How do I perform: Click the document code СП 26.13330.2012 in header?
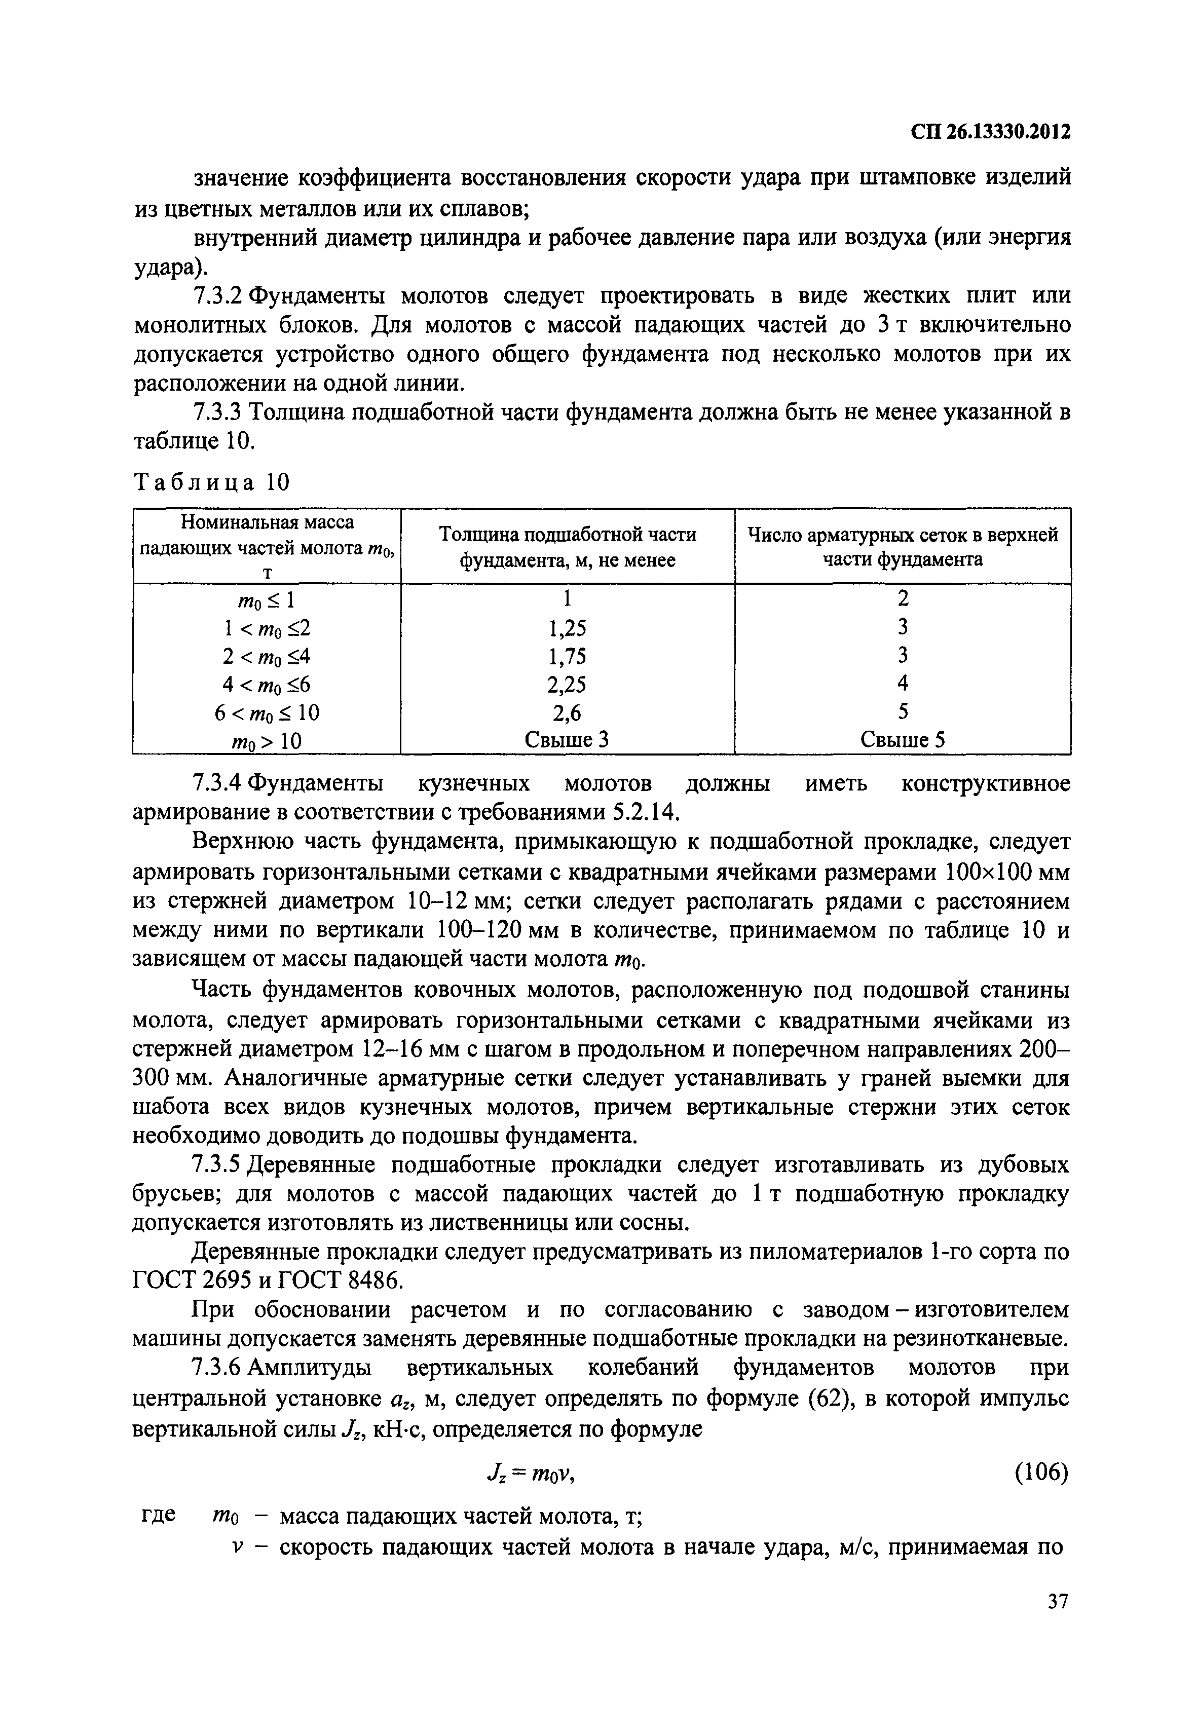point(990,132)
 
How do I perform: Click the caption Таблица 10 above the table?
point(211,482)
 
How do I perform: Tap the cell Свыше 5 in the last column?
point(902,740)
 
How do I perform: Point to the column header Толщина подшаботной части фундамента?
point(567,547)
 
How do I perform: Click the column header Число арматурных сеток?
point(902,547)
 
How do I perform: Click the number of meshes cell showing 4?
point(902,683)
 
